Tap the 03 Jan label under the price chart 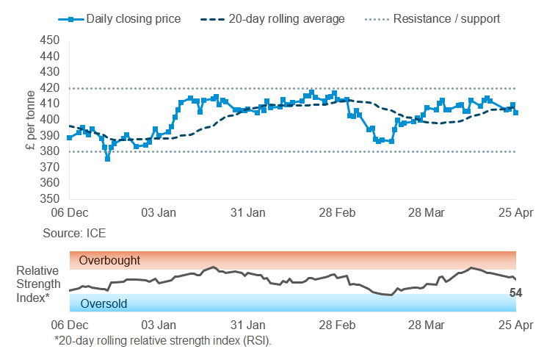pos(159,213)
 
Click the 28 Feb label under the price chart pos(337,213)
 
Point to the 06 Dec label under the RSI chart pos(69,324)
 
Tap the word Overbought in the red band pos(110,260)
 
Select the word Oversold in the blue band pos(104,303)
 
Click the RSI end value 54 pos(515,293)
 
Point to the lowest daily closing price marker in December pos(108,159)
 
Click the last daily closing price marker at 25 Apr pos(516,112)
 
